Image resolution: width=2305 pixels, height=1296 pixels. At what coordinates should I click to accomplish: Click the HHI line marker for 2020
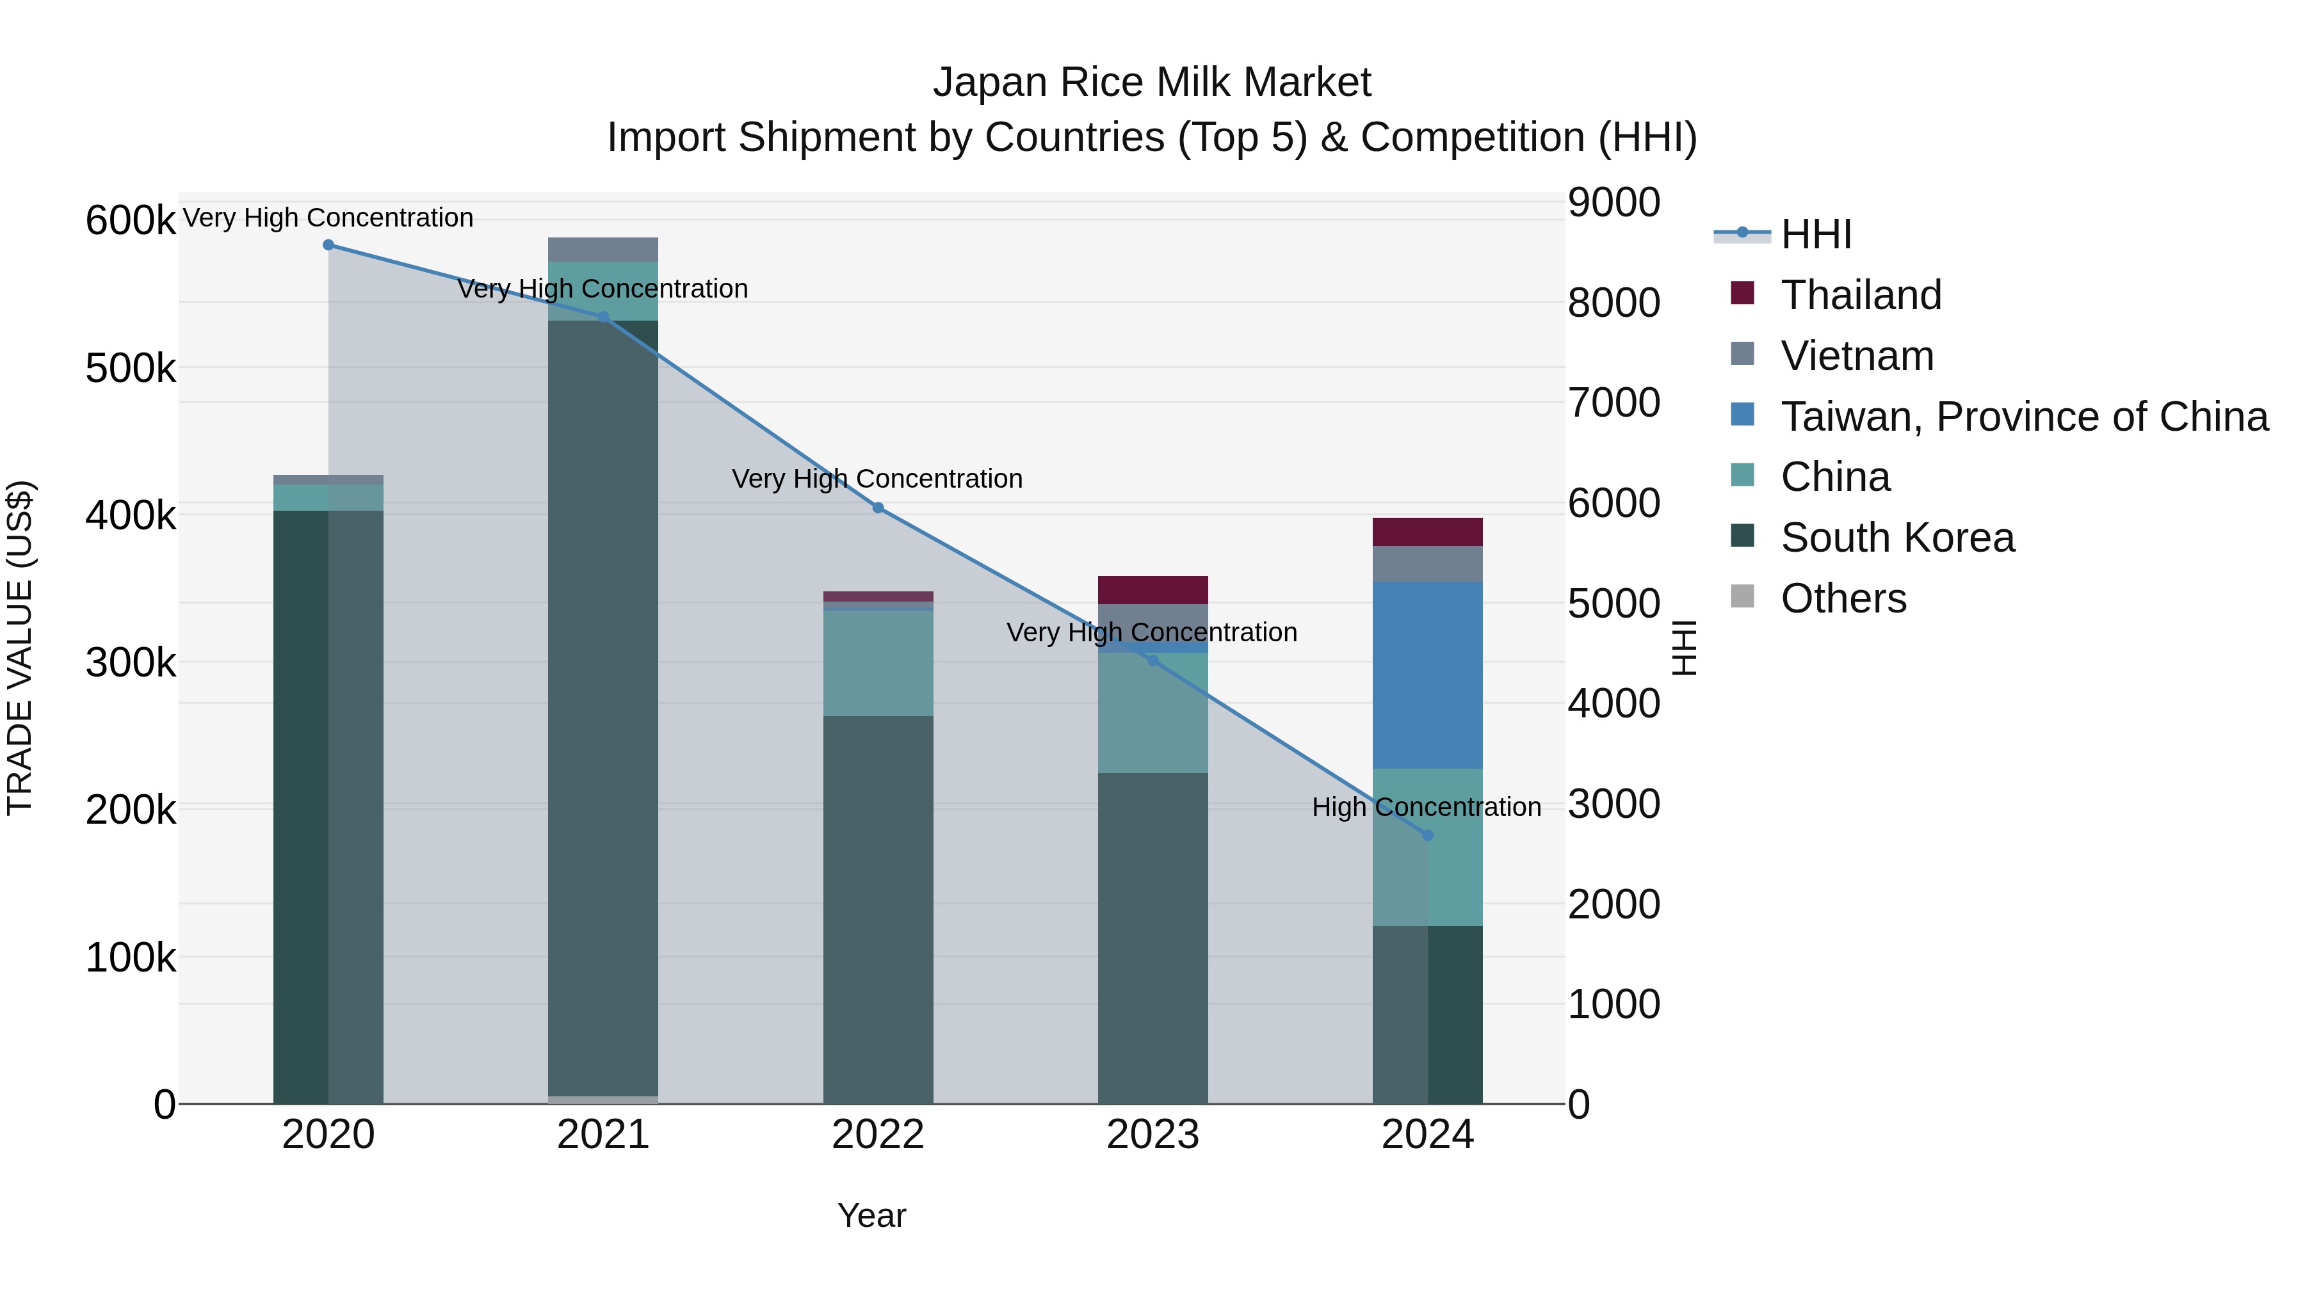click(x=328, y=245)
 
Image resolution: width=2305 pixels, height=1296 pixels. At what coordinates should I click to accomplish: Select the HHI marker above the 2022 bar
click(x=878, y=508)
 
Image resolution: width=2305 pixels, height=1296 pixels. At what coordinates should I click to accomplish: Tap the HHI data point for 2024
click(x=1428, y=835)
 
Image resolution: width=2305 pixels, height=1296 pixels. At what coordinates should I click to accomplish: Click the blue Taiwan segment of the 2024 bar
click(x=1428, y=675)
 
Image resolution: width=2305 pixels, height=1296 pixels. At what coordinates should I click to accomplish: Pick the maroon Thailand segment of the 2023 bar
click(x=1152, y=590)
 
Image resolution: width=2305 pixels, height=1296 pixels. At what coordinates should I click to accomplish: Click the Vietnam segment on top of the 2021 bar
click(x=603, y=250)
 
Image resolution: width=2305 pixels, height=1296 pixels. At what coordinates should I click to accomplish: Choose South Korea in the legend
click(x=1897, y=538)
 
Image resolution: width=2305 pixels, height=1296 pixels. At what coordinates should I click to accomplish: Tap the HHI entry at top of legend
click(x=1816, y=234)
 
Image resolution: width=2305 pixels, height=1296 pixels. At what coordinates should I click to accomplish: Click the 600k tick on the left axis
click(x=131, y=221)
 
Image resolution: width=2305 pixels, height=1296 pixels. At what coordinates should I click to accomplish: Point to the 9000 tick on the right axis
click(x=1613, y=202)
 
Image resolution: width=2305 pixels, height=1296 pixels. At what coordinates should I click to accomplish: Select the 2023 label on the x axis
click(x=1152, y=1135)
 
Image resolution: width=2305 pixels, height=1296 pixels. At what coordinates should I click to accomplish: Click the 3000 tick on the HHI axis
click(x=1613, y=804)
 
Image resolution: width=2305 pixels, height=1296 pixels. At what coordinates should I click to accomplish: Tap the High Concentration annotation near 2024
click(x=1427, y=807)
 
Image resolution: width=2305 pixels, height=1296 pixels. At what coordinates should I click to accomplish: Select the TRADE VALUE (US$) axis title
click(x=20, y=648)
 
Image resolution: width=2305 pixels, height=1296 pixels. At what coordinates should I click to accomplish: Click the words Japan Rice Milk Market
click(x=1152, y=83)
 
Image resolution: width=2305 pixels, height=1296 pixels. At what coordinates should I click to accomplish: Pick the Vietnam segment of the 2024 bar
click(x=1428, y=564)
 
